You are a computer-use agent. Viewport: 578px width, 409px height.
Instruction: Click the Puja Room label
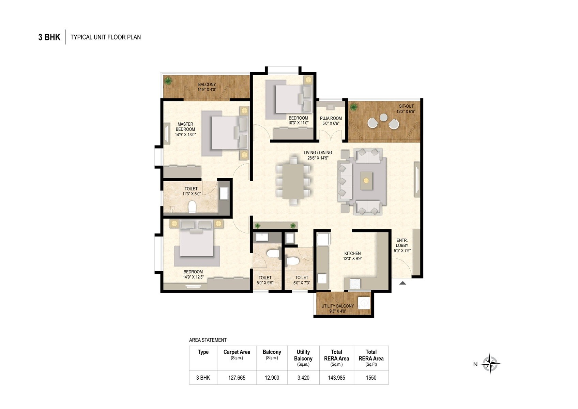(331, 118)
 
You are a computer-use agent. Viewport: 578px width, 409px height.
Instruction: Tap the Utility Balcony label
(337, 306)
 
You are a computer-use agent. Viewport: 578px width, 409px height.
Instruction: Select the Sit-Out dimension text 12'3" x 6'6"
(406, 111)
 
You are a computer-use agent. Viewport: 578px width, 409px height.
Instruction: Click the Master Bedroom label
(185, 127)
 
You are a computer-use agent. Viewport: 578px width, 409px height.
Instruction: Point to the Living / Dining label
(318, 153)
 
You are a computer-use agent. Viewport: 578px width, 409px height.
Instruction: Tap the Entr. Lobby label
(402, 243)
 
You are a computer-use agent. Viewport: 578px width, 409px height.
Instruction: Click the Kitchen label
(352, 253)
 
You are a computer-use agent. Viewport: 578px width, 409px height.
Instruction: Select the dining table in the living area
(293, 181)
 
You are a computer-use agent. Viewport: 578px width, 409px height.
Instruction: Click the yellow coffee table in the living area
(366, 181)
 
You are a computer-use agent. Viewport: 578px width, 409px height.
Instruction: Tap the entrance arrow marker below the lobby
(402, 283)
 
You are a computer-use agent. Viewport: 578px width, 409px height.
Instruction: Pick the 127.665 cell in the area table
(237, 378)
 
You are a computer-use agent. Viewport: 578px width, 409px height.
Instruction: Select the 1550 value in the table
(371, 378)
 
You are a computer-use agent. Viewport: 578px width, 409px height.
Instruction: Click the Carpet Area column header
(237, 352)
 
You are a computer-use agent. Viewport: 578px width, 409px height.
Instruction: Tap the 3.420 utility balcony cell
(303, 378)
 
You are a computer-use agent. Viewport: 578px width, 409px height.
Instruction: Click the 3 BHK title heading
(49, 37)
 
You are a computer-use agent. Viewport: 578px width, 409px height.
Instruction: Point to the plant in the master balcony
(168, 81)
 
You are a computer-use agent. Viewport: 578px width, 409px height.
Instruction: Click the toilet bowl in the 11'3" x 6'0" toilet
(192, 207)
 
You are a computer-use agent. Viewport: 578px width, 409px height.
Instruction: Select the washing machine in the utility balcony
(365, 303)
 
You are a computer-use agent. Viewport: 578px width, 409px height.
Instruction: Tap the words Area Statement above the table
(208, 340)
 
